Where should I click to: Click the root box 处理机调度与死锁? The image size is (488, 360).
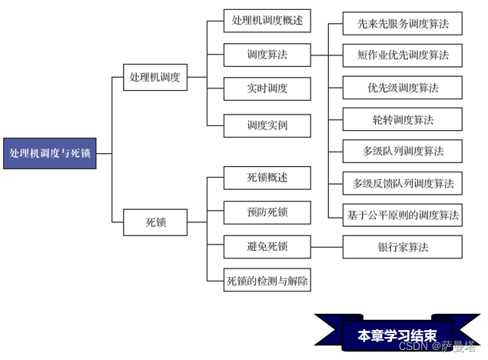pyautogui.click(x=49, y=153)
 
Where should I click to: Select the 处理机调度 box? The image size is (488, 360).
pyautogui.click(x=155, y=77)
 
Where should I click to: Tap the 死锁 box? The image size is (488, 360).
pyautogui.click(x=155, y=224)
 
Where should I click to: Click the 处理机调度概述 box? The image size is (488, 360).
pyautogui.click(x=267, y=21)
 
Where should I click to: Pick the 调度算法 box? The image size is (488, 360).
pyautogui.click(x=267, y=55)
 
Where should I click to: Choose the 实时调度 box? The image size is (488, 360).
pyautogui.click(x=267, y=88)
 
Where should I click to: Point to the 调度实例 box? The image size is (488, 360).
pyautogui.click(x=267, y=125)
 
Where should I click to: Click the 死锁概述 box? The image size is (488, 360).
pyautogui.click(x=267, y=178)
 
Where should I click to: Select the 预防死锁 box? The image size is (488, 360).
pyautogui.click(x=267, y=212)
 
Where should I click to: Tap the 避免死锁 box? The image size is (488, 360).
pyautogui.click(x=267, y=247)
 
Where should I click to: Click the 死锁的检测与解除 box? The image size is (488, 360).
pyautogui.click(x=267, y=281)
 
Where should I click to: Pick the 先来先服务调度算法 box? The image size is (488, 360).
pyautogui.click(x=403, y=25)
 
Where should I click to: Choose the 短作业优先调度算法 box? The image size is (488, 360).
pyautogui.click(x=403, y=55)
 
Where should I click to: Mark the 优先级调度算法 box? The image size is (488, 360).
pyautogui.click(x=403, y=88)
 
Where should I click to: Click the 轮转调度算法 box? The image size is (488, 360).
pyautogui.click(x=403, y=119)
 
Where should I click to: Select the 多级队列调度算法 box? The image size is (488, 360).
pyautogui.click(x=403, y=151)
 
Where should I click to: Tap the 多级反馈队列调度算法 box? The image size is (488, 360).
pyautogui.click(x=403, y=183)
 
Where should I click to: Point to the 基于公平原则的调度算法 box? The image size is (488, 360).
pyautogui.click(x=403, y=215)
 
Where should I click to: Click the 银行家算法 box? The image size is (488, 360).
pyautogui.click(x=403, y=247)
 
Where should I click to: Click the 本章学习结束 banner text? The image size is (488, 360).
pyautogui.click(x=397, y=336)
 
